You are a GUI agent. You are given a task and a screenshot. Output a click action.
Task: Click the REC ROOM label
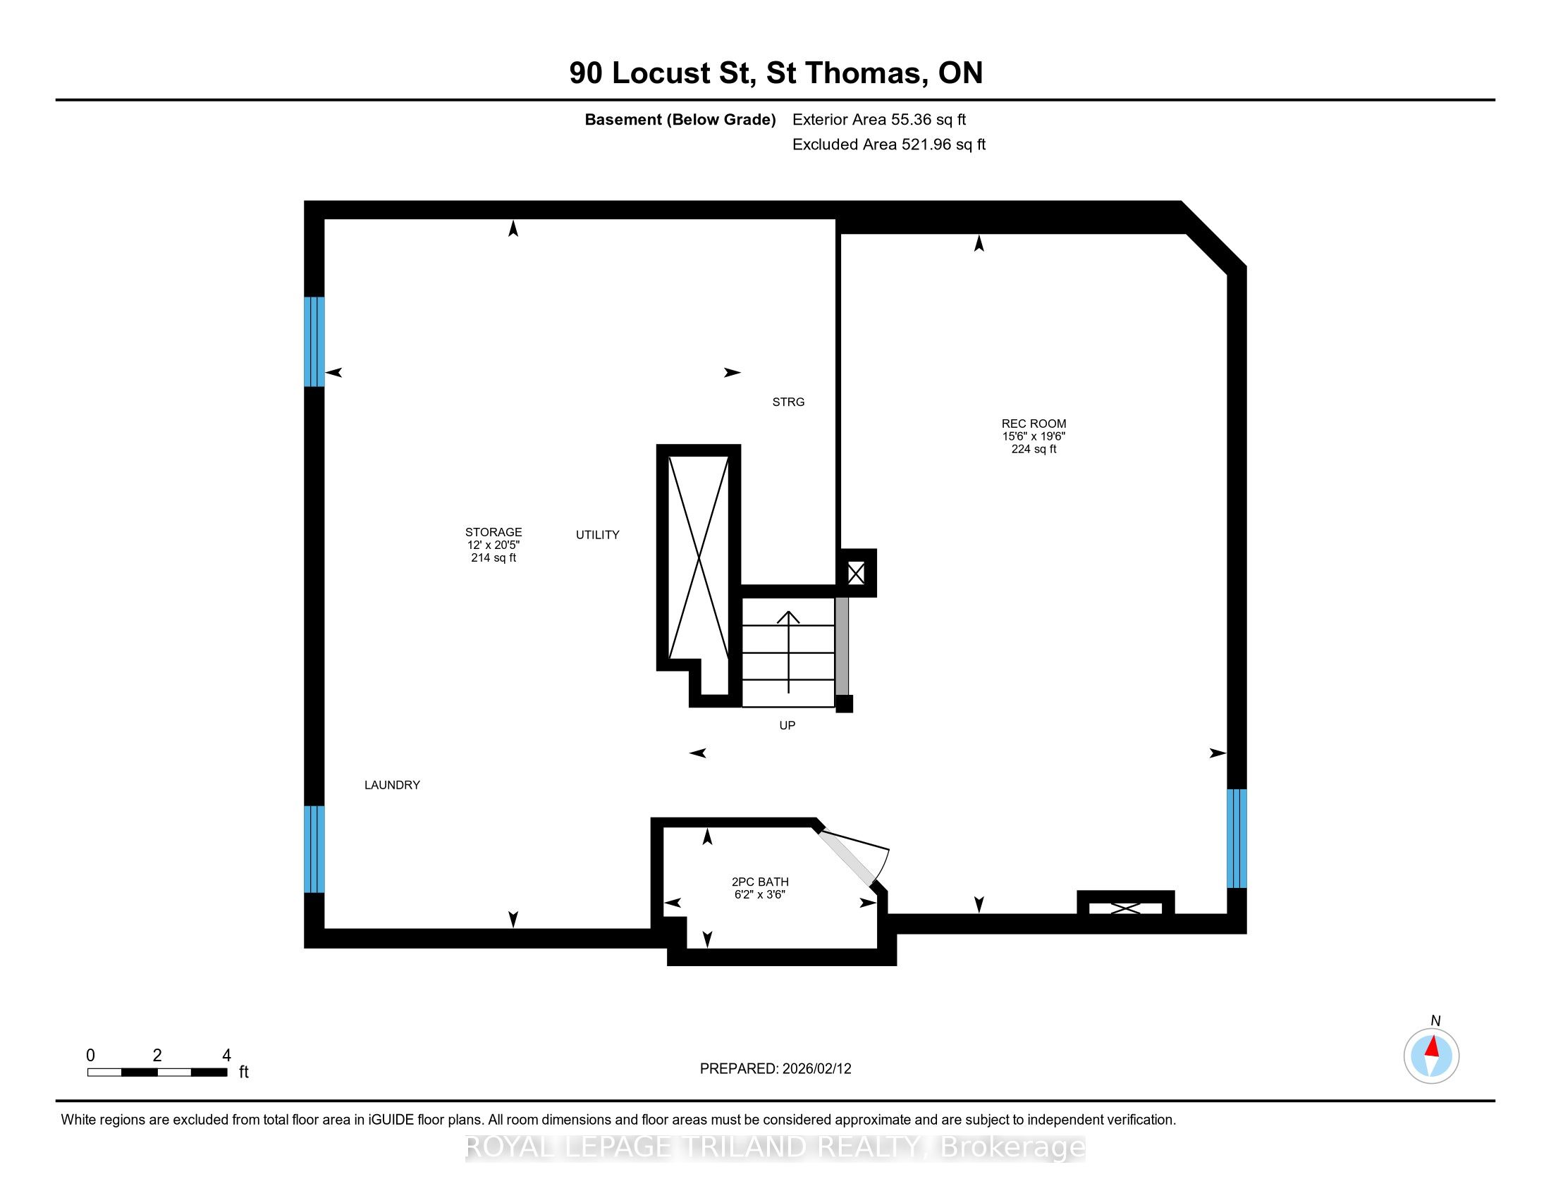pyautogui.click(x=1034, y=424)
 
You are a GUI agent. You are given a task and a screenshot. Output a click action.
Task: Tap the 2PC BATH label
pyautogui.click(x=760, y=882)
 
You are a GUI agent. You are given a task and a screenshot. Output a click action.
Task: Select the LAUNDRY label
pyautogui.click(x=392, y=785)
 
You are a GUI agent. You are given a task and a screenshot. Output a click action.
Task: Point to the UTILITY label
pyautogui.click(x=597, y=535)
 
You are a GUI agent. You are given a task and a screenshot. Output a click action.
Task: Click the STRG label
pyautogui.click(x=788, y=402)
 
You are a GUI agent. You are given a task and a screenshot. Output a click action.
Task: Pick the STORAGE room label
pyautogui.click(x=493, y=532)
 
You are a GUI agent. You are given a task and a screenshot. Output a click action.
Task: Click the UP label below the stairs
pyautogui.click(x=787, y=725)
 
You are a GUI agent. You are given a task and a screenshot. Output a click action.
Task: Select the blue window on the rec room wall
pyautogui.click(x=1237, y=838)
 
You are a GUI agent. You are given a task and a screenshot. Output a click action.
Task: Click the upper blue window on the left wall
pyautogui.click(x=314, y=341)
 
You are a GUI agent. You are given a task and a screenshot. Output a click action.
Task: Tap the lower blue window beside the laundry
pyautogui.click(x=314, y=849)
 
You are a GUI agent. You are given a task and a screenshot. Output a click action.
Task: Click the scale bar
pyautogui.click(x=157, y=1073)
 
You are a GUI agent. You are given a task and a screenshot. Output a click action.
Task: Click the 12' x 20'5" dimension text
pyautogui.click(x=493, y=545)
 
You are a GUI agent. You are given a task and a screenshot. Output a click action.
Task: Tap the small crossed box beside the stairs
pyautogui.click(x=857, y=573)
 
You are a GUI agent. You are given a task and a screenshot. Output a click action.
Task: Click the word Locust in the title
pyautogui.click(x=661, y=73)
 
